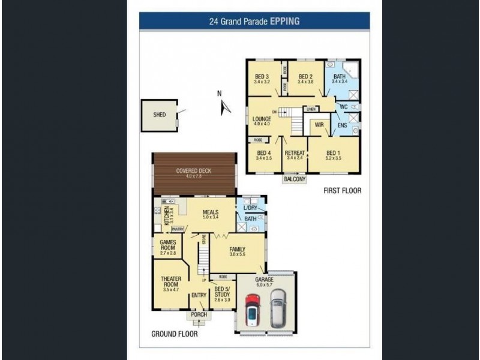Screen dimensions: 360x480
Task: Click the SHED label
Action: pos(159,114)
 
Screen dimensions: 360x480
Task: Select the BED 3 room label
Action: pos(261,76)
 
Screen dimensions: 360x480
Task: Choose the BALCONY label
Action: pos(295,179)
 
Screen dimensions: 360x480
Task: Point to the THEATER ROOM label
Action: pos(171,282)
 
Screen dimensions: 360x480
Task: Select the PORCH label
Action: pos(199,314)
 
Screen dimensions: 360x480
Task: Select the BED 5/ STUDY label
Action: pos(222,292)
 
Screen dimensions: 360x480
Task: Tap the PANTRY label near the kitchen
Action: pos(177,229)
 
